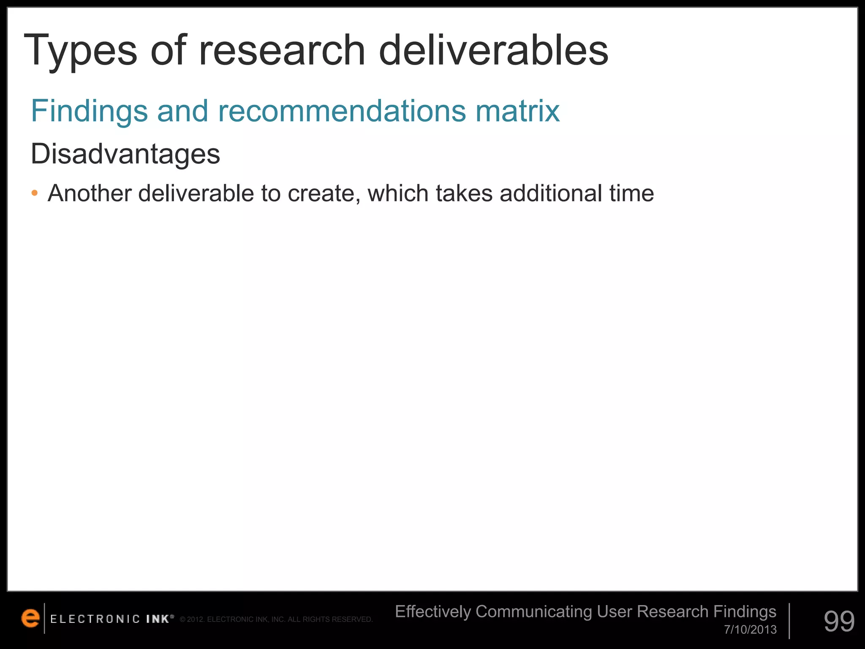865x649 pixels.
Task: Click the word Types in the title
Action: [81, 51]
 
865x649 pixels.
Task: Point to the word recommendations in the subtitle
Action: [342, 111]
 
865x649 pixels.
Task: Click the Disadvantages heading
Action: [125, 154]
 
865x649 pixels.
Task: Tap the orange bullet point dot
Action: [35, 194]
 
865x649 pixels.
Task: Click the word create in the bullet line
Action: [324, 194]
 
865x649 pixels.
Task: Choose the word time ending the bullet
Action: [631, 194]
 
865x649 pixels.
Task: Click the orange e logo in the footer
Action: [30, 618]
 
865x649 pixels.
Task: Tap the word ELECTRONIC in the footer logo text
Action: [95, 619]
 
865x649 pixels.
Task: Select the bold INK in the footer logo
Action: [158, 619]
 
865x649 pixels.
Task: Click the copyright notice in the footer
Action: [276, 619]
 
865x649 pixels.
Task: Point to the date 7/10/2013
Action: [750, 630]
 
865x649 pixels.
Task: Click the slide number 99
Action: [839, 621]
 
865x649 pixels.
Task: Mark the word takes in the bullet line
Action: [464, 194]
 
